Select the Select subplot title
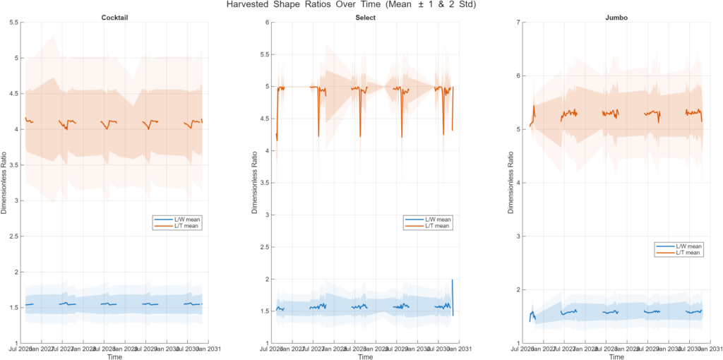[364, 16]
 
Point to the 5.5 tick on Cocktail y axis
[13, 23]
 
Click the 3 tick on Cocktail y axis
[16, 201]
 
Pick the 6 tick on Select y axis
[267, 23]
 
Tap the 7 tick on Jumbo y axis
[518, 23]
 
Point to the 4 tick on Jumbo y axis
[518, 183]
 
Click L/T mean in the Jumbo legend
[688, 252]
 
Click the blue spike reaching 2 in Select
[452, 281]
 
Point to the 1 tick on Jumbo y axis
[518, 343]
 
